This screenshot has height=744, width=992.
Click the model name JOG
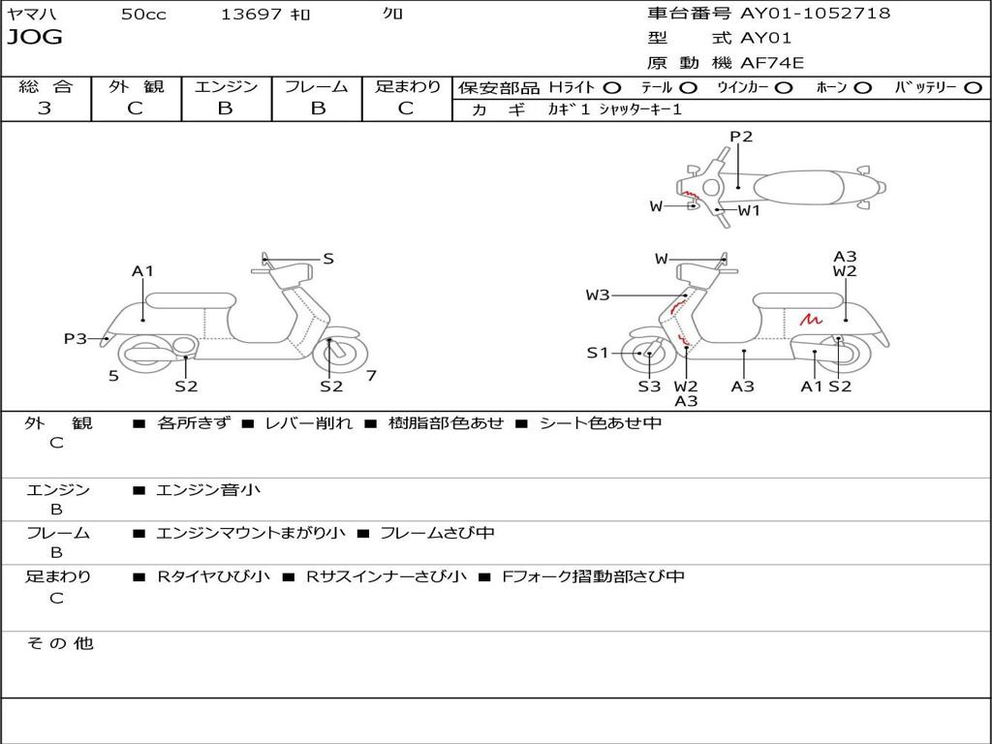pyautogui.click(x=35, y=38)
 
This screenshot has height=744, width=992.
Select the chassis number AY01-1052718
pyautogui.click(x=815, y=14)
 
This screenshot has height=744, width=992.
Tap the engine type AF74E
pyautogui.click(x=772, y=63)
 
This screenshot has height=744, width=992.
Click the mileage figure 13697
pyautogui.click(x=251, y=14)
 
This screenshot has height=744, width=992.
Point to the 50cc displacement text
pyautogui.click(x=143, y=14)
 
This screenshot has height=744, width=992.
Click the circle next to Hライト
pyautogui.click(x=612, y=88)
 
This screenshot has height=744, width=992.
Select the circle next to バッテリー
pyautogui.click(x=973, y=88)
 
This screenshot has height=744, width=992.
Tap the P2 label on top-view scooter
pyautogui.click(x=741, y=137)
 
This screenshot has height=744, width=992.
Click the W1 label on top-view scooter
pyautogui.click(x=749, y=210)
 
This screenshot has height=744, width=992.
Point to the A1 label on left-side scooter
pyautogui.click(x=142, y=271)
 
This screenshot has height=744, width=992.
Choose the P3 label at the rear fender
pyautogui.click(x=76, y=339)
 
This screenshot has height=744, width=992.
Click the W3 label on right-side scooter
pyautogui.click(x=597, y=294)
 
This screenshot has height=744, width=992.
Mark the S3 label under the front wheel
pyautogui.click(x=649, y=387)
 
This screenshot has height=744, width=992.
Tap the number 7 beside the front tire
pyautogui.click(x=371, y=376)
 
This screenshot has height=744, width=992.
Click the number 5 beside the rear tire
pyautogui.click(x=113, y=376)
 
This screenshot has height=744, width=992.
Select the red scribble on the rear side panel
pyautogui.click(x=811, y=319)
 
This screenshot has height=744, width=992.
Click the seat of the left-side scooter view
pyautogui.click(x=191, y=300)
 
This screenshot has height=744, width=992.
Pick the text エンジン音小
pyautogui.click(x=208, y=490)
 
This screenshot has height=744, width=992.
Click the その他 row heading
pyautogui.click(x=59, y=643)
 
